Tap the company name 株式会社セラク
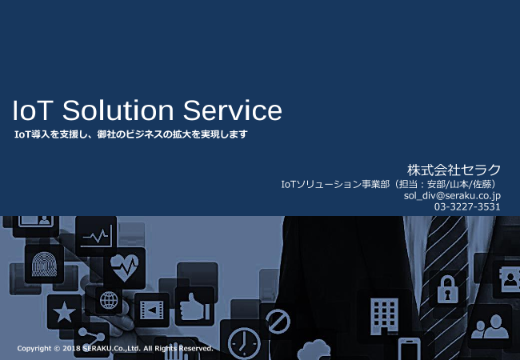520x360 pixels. [454, 170]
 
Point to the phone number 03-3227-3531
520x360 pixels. [467, 206]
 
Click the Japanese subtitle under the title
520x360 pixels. [131, 134]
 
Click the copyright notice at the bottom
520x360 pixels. [114, 349]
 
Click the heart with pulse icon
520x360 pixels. [125, 266]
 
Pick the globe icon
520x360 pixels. [109, 302]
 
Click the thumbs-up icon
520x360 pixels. [194, 306]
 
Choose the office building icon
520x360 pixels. [385, 314]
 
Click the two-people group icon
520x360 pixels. [489, 325]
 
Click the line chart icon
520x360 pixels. [98, 236]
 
